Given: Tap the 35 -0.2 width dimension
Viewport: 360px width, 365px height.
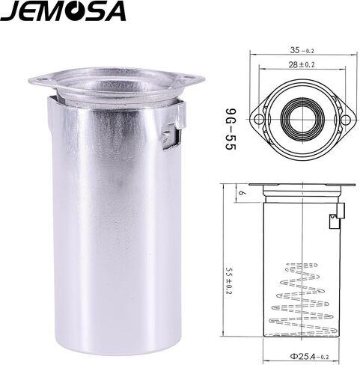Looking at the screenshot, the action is point(302,50).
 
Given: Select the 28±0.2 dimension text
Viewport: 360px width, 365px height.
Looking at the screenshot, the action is point(302,65).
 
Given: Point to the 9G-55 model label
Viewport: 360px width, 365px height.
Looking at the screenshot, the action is point(231,129).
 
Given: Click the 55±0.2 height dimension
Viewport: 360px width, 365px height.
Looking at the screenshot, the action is point(229,280).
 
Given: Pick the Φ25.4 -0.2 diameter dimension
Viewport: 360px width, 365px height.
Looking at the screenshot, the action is point(309,357).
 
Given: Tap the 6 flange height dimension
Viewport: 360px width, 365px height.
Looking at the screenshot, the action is point(241,193).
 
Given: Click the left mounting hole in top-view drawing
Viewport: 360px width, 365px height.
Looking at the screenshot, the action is point(259,119).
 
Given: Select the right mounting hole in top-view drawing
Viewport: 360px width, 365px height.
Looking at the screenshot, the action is point(346,119).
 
